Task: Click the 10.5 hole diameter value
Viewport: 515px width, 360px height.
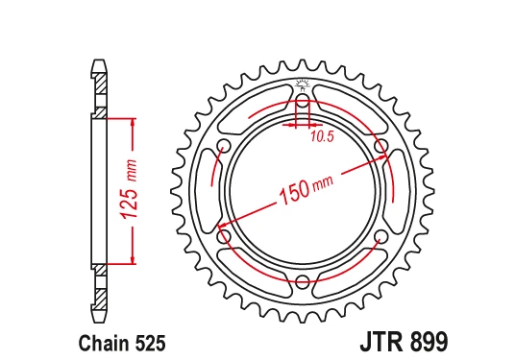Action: (322, 136)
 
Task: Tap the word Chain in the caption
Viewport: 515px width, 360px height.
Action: (95, 340)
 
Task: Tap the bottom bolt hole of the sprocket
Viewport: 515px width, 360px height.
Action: (304, 281)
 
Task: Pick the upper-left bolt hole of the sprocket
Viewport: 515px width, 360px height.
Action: (225, 147)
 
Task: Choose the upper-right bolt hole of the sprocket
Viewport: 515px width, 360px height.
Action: (382, 147)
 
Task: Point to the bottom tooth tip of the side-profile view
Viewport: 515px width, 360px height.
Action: (99, 317)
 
